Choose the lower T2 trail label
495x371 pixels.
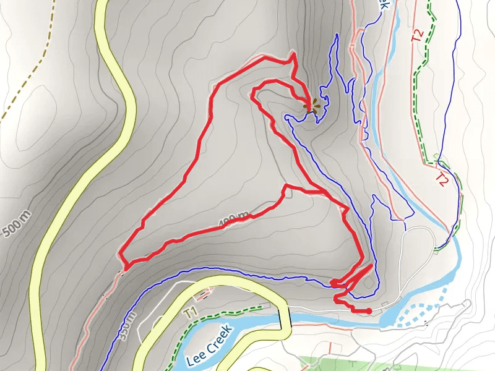point(441,180)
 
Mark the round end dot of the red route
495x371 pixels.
point(369,310)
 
